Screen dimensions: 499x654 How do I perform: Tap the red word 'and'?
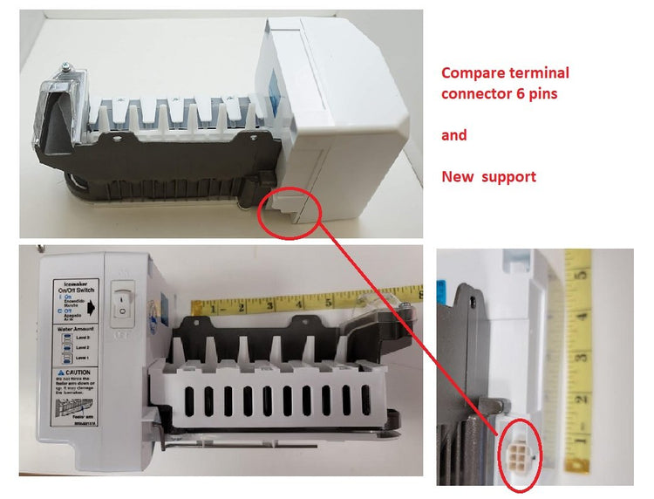[453, 135]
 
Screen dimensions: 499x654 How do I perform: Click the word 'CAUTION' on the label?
[72, 373]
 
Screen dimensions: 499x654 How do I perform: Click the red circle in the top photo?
[290, 210]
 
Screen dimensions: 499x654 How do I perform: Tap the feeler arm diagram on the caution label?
[65, 408]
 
